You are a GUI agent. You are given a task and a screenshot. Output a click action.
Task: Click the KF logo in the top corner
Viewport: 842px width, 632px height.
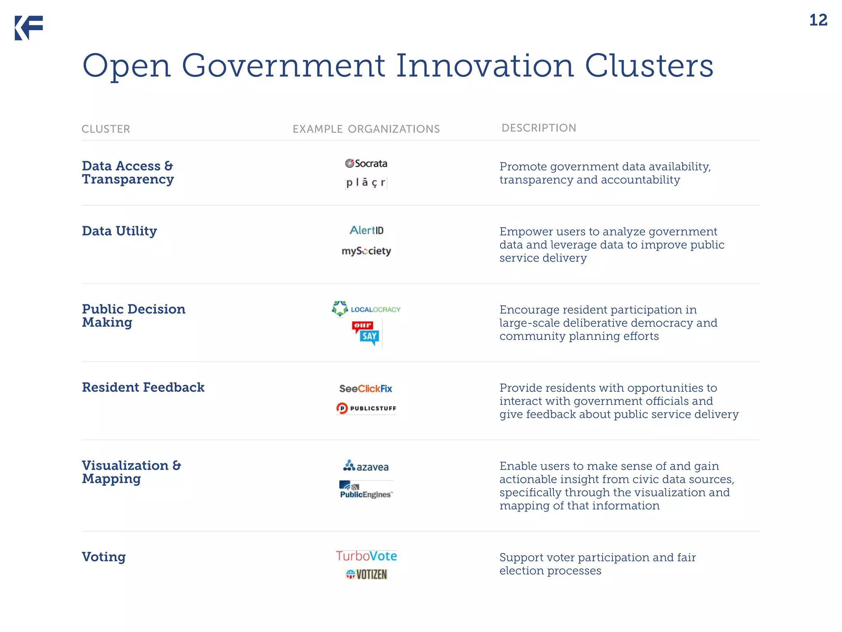coord(29,28)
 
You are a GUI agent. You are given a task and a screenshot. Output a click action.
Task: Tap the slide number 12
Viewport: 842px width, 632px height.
coord(818,20)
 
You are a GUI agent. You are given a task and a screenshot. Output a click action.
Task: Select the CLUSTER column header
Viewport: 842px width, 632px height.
coord(106,129)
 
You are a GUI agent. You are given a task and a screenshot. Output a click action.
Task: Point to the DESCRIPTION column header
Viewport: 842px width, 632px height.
coord(539,128)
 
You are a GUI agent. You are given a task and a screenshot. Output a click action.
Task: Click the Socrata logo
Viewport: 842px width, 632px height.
coord(366,163)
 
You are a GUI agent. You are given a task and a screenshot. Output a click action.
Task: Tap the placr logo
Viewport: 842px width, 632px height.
coord(366,182)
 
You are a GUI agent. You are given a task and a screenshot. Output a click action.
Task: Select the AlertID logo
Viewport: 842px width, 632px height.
coord(366,230)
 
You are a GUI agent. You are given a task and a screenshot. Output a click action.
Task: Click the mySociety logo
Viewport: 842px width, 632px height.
coord(366,251)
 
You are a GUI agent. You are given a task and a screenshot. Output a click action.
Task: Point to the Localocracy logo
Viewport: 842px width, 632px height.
coord(366,309)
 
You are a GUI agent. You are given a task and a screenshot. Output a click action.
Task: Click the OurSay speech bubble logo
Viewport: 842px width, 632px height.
coord(365,333)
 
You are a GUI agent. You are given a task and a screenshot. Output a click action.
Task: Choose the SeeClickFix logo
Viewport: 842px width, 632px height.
coord(365,388)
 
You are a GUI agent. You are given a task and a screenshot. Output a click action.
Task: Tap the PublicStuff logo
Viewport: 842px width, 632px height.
coord(366,408)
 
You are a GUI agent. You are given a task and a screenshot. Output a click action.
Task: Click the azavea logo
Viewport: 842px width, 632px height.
coord(366,466)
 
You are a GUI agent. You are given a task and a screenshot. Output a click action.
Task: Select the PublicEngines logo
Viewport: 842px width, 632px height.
coord(366,490)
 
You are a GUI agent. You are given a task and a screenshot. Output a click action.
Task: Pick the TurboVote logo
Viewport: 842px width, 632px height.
coord(366,556)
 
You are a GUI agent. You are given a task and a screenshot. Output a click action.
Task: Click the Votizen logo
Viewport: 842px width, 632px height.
coord(366,574)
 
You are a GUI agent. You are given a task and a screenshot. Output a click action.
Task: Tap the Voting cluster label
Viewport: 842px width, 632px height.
coord(104,557)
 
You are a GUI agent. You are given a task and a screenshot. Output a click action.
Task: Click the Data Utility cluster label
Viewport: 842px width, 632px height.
coord(119,231)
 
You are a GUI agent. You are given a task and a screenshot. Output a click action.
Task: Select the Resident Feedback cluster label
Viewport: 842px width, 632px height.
coord(143,387)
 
